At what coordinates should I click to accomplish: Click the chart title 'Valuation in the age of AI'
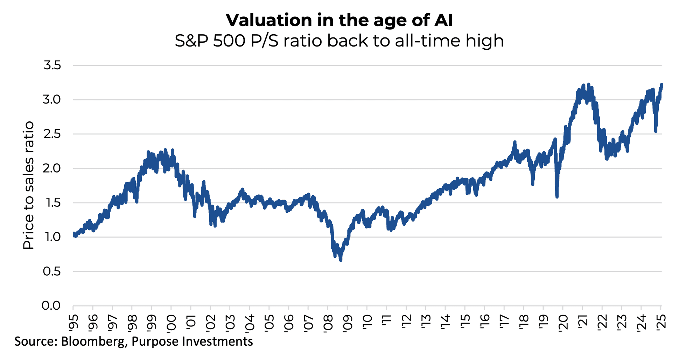click(339, 20)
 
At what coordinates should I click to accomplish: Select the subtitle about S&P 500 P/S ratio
click(339, 41)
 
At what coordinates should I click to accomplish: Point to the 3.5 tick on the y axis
click(52, 65)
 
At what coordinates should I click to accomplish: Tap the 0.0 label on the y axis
click(51, 306)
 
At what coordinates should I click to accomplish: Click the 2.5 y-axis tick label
click(52, 134)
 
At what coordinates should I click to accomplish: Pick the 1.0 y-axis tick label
click(52, 237)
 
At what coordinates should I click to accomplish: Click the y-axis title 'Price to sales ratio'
click(29, 185)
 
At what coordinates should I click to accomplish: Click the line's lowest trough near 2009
click(341, 260)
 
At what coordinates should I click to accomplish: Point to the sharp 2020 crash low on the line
click(557, 197)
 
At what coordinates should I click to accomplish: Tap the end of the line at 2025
click(661, 85)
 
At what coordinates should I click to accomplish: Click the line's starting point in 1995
click(73, 234)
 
